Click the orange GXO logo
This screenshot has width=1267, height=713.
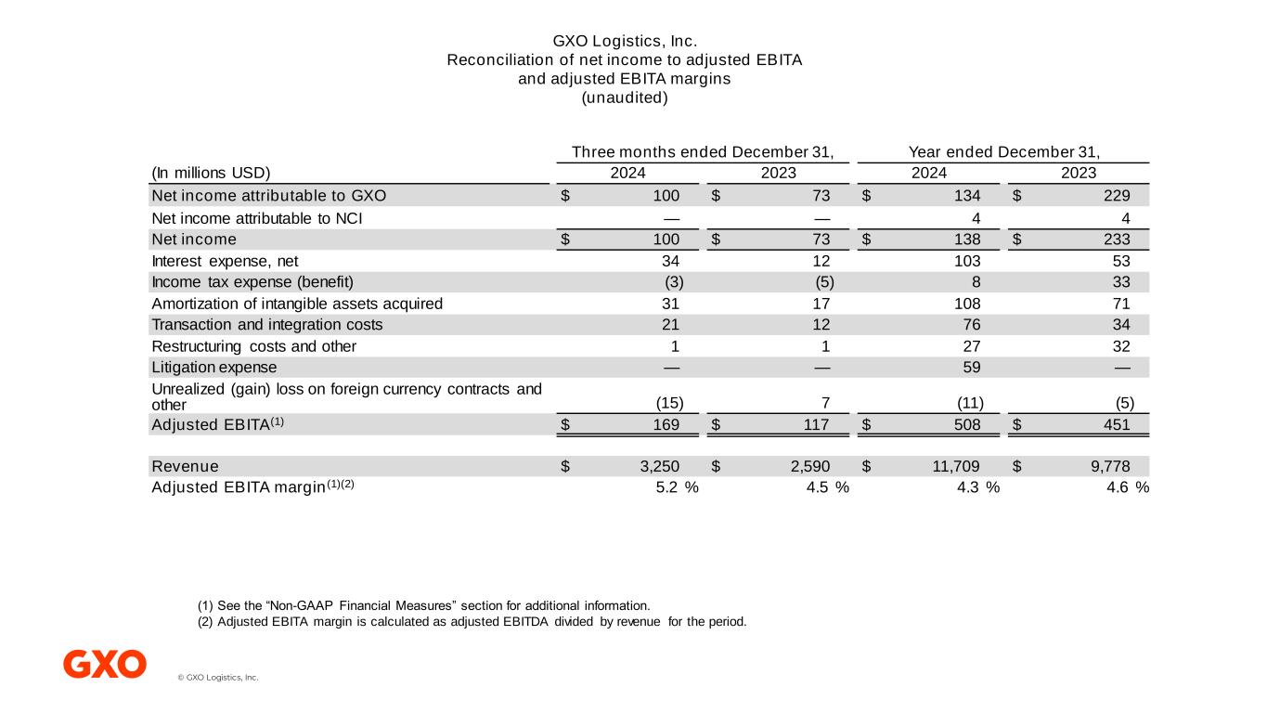(105, 664)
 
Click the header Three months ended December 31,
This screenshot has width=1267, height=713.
(702, 152)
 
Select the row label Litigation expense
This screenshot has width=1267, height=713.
(213, 367)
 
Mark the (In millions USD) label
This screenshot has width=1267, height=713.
(210, 174)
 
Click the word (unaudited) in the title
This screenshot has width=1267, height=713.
(624, 97)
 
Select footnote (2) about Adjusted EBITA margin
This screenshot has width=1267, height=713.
(472, 622)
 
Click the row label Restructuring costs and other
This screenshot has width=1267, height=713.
(253, 346)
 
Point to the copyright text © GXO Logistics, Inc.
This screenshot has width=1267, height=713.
(217, 678)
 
